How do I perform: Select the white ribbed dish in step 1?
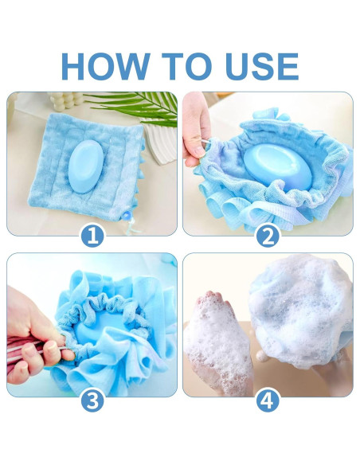tap(163, 143)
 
